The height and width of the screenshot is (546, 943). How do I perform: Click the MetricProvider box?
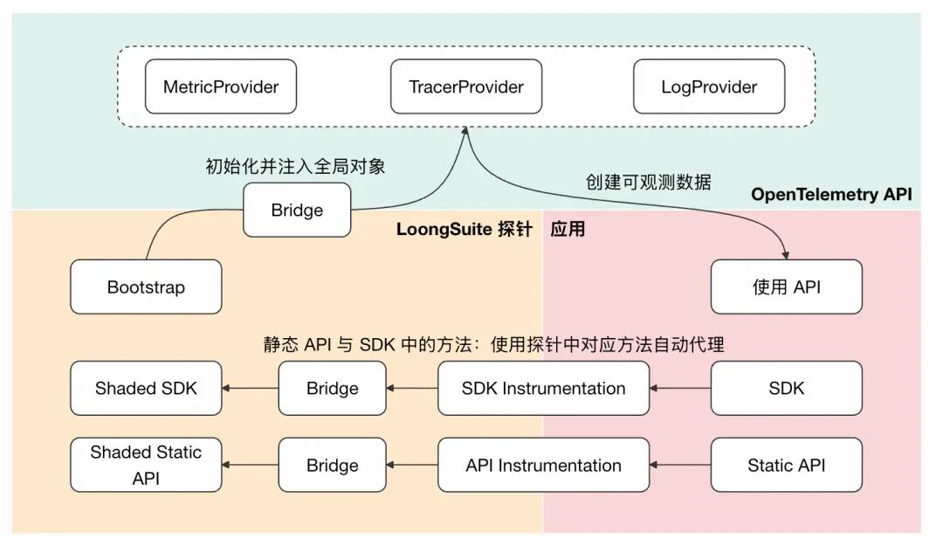pos(221,86)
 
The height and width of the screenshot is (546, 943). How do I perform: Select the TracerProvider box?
pos(466,86)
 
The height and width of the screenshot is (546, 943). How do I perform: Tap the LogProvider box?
pos(709,86)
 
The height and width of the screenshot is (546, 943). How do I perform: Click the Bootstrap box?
pos(146,287)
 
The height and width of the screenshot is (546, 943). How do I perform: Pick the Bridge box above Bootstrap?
pos(297,211)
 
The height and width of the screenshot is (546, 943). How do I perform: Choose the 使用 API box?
pos(786,287)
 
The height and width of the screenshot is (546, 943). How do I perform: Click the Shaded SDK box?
pos(146,389)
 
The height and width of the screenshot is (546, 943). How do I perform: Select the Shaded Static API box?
pos(146,465)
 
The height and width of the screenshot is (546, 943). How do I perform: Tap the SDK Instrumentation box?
pos(543,389)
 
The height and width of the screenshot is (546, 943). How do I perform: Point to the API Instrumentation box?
pos(543,465)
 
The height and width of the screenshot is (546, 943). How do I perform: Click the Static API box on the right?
pos(786,465)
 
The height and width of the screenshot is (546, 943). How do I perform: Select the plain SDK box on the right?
pos(786,389)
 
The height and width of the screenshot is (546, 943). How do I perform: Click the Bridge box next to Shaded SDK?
pos(332,389)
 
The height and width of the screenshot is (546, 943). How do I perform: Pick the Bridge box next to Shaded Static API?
pos(332,465)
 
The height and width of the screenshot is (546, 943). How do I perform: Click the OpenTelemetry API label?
pos(830,195)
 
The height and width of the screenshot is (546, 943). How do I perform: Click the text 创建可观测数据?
pos(648,182)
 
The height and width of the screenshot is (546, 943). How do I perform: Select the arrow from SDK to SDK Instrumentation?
pos(680,389)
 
